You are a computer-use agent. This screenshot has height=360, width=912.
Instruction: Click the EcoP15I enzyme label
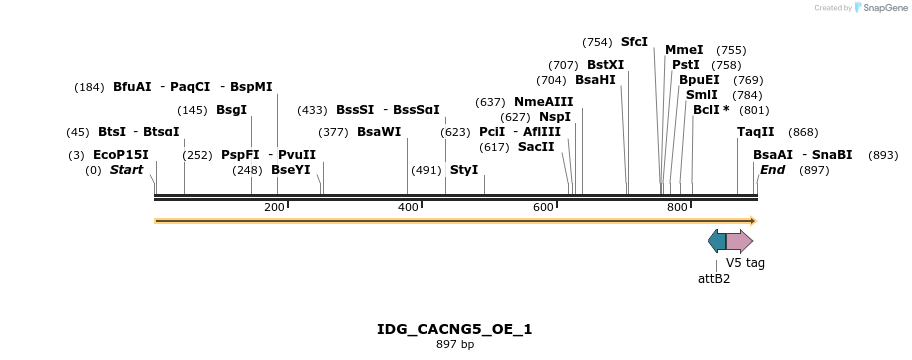120,155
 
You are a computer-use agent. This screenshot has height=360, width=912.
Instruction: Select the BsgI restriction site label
231,110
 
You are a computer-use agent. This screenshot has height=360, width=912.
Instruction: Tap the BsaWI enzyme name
378,132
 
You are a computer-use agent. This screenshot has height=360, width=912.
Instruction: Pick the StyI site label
464,170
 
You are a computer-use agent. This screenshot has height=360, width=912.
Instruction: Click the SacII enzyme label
536,147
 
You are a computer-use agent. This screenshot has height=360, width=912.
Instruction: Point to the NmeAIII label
543,102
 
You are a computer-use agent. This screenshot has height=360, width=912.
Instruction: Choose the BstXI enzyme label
605,65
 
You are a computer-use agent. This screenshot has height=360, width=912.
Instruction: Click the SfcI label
634,42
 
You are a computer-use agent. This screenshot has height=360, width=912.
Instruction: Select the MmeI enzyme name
684,50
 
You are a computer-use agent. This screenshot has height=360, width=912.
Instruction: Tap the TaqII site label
755,132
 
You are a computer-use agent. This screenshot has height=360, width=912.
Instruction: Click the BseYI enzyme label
291,170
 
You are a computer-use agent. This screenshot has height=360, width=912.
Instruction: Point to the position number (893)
883,155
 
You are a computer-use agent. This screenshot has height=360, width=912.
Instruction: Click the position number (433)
313,110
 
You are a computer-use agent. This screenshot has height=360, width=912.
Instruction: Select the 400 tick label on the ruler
408,207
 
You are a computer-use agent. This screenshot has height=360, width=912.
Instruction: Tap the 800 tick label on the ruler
677,207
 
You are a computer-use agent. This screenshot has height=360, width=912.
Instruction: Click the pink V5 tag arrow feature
740,241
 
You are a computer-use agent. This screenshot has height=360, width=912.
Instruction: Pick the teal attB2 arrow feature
717,241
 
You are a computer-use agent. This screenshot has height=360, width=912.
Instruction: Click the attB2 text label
714,279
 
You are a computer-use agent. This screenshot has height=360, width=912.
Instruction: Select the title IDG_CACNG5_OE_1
455,329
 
